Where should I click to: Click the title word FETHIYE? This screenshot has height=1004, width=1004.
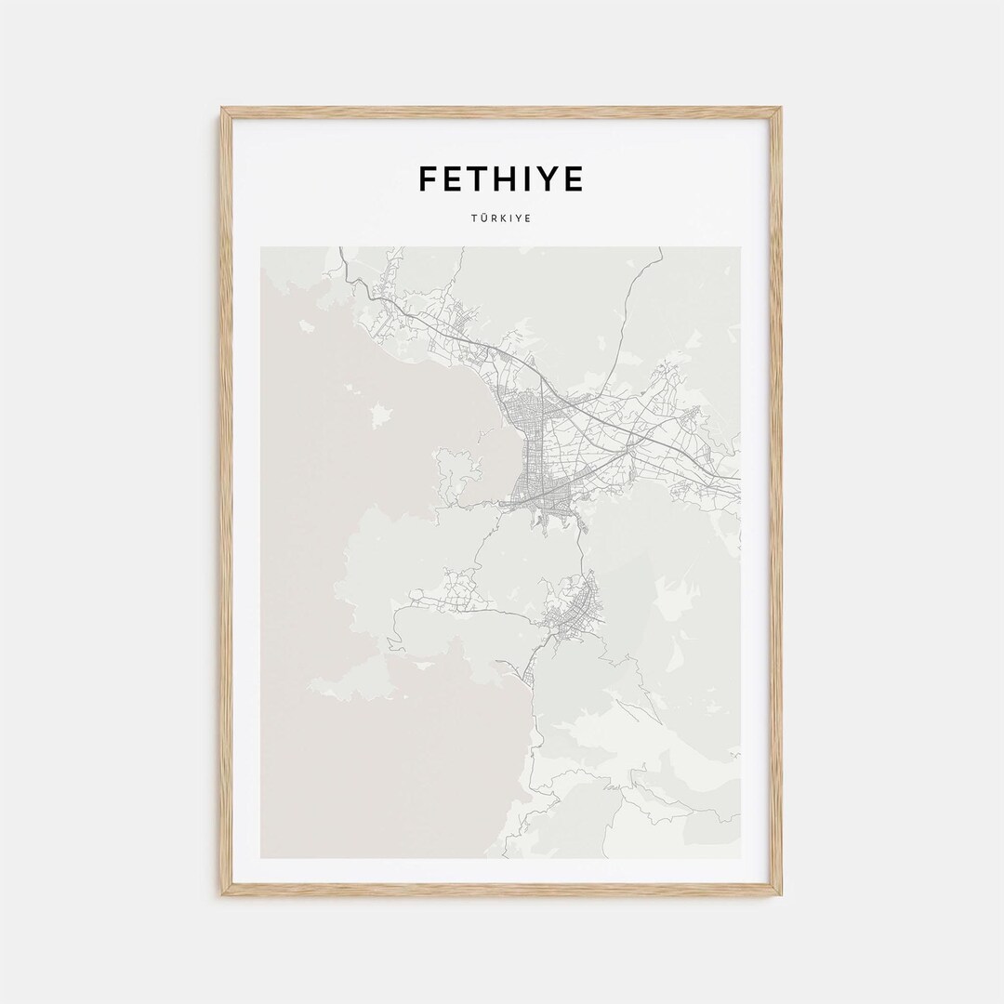pos(500,178)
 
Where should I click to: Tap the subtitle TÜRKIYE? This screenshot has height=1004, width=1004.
pos(501,219)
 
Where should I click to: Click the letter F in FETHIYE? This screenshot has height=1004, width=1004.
pos(428,178)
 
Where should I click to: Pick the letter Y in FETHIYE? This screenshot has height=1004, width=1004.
pos(550,178)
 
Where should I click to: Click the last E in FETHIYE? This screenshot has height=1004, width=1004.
pos(575,178)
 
